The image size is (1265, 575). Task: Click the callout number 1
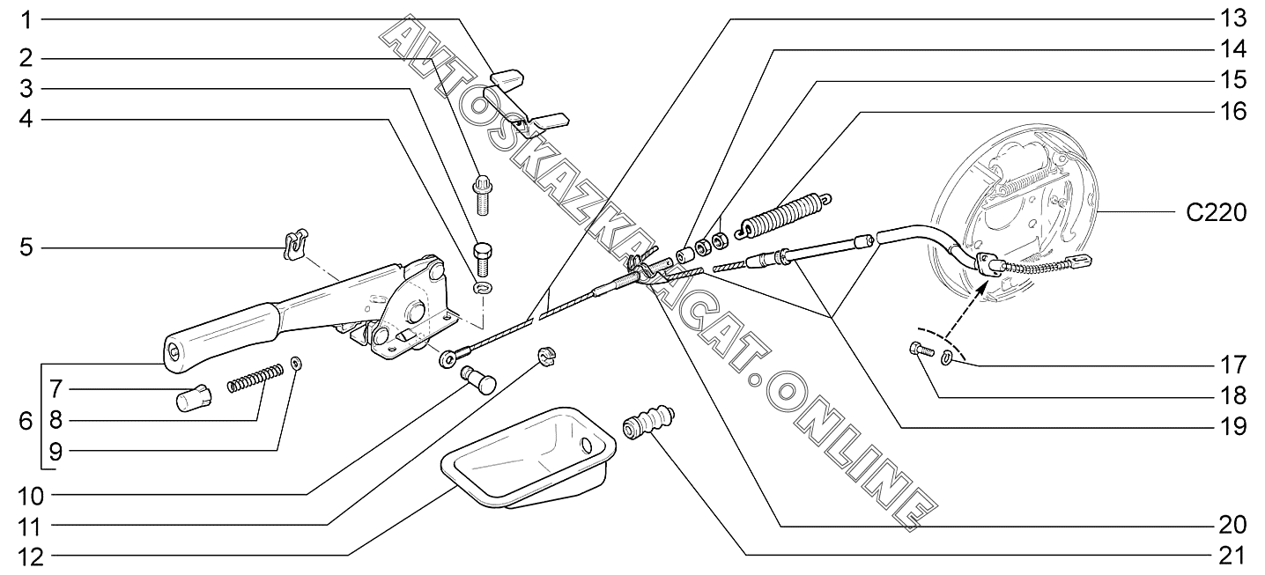(x=26, y=18)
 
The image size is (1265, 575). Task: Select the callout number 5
(x=26, y=248)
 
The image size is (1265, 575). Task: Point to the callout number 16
(x=1233, y=113)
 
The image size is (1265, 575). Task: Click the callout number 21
(x=1233, y=556)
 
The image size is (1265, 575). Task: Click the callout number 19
(x=1233, y=428)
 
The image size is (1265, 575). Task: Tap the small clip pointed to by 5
(x=294, y=244)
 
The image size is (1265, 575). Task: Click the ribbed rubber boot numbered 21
(x=649, y=422)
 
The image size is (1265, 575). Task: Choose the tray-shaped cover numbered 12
(x=529, y=458)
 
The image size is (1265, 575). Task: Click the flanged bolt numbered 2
(x=482, y=195)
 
